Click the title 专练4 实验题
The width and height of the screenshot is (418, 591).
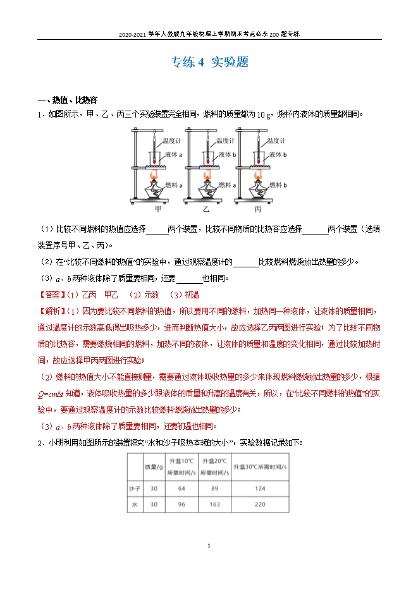click(x=209, y=62)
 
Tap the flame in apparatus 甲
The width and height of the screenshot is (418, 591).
click(x=153, y=175)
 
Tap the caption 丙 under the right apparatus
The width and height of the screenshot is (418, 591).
click(x=257, y=208)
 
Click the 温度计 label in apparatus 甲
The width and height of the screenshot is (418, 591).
click(x=172, y=141)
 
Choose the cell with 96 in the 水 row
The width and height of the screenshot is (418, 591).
click(x=181, y=504)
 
